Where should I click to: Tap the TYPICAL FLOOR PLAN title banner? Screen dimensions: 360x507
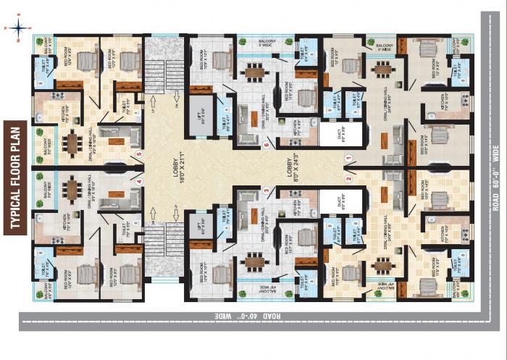[14, 177]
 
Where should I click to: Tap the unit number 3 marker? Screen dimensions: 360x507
[267, 191]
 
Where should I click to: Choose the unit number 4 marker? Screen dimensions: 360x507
[139, 182]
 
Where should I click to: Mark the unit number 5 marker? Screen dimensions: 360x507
[139, 154]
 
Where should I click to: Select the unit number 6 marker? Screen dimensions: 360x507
[267, 145]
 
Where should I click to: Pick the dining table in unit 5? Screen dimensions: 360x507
[73, 139]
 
